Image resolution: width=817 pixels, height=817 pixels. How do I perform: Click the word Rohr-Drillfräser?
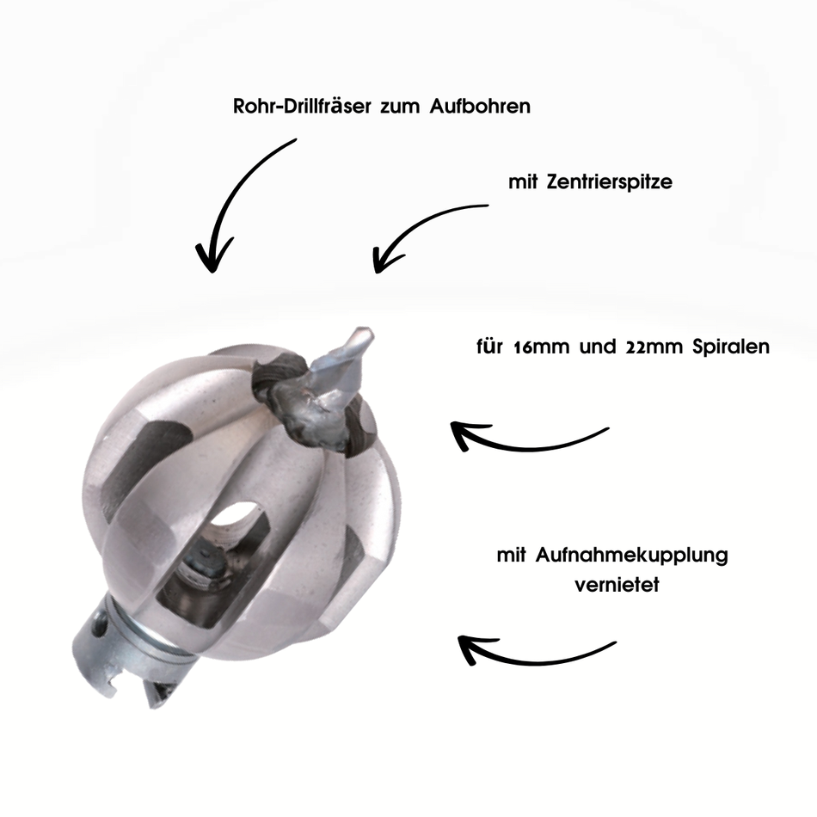point(302,107)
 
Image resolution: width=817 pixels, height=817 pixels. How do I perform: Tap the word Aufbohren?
point(480,107)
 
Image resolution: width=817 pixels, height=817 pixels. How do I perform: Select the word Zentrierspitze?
point(610,182)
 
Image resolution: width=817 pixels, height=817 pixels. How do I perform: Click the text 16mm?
point(541,347)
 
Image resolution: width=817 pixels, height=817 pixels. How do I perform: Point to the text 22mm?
point(654,347)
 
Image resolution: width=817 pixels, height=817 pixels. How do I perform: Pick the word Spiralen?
point(731,347)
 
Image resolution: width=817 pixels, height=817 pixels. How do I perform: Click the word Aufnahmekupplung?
point(631,556)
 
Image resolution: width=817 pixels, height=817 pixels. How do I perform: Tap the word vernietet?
point(617,585)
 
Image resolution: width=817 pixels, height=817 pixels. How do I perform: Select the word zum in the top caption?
point(400,107)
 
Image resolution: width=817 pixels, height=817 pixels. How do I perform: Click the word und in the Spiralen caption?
point(598,347)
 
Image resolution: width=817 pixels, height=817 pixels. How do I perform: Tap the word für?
point(489,347)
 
